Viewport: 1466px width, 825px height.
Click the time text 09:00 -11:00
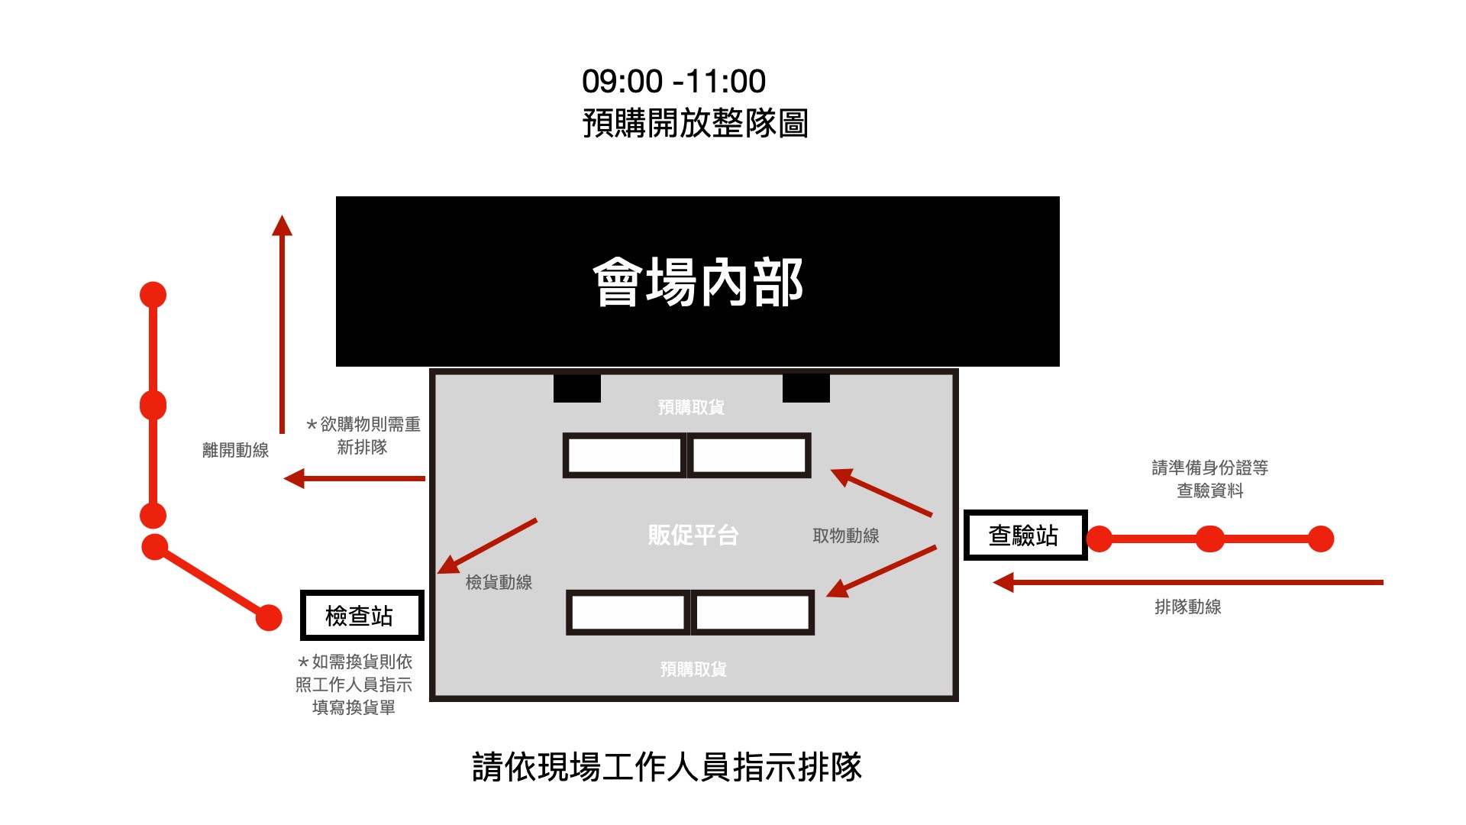673,81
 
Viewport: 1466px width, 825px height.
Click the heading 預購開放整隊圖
695,123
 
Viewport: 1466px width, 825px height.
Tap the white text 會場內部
698,282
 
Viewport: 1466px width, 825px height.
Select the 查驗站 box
1025,535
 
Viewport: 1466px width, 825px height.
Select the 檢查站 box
361,615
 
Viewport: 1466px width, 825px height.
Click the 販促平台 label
693,535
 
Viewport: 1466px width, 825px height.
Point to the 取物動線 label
845,535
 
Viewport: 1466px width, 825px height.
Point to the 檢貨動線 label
499,582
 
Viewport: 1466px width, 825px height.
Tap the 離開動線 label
235,450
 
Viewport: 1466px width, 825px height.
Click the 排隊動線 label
1187,607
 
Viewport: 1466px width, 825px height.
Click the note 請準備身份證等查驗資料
1209,479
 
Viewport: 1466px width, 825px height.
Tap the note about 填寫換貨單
354,684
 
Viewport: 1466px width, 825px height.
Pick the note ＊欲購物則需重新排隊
363,435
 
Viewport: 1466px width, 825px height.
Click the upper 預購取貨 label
691,407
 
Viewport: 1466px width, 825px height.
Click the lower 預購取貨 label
693,669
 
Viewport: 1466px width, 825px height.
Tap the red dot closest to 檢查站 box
269,617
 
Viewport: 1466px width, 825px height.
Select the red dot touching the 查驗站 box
1099,539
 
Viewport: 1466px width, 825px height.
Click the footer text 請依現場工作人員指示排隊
667,767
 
